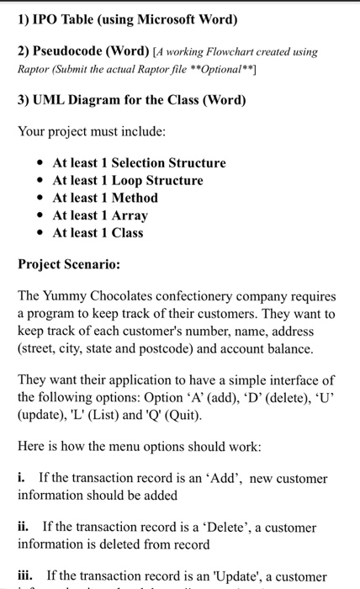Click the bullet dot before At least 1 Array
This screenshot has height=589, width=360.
[40, 215]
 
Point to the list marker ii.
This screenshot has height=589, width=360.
[24, 528]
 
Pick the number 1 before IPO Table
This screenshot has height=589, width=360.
[22, 18]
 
